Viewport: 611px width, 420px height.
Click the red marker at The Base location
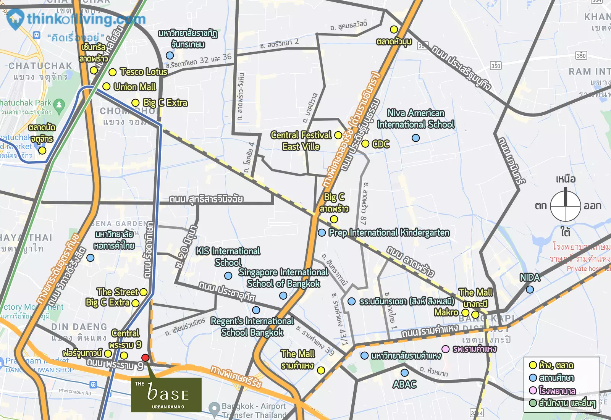point(145,358)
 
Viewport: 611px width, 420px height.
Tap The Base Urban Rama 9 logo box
point(166,395)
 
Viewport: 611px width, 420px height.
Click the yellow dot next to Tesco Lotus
point(112,72)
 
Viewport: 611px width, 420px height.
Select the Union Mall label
point(135,87)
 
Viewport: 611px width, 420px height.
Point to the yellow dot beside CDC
point(365,144)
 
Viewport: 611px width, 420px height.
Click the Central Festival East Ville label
point(301,141)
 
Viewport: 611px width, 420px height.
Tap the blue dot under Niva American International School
point(415,138)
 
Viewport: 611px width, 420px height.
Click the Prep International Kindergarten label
point(389,233)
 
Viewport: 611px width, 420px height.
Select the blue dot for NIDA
point(530,290)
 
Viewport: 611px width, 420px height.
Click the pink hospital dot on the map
point(445,349)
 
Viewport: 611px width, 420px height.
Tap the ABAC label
point(404,384)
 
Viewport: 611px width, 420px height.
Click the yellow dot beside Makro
point(465,313)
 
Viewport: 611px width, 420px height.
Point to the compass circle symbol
point(566,206)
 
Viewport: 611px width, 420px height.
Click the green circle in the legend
point(533,403)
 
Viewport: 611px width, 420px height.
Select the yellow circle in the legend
point(533,365)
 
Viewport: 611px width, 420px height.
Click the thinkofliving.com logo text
point(86,19)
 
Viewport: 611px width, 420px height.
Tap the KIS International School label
point(228,257)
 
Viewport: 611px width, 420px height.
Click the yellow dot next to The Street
point(144,292)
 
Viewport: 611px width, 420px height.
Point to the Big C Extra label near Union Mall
point(165,103)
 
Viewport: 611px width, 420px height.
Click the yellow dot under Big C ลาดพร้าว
point(334,219)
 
